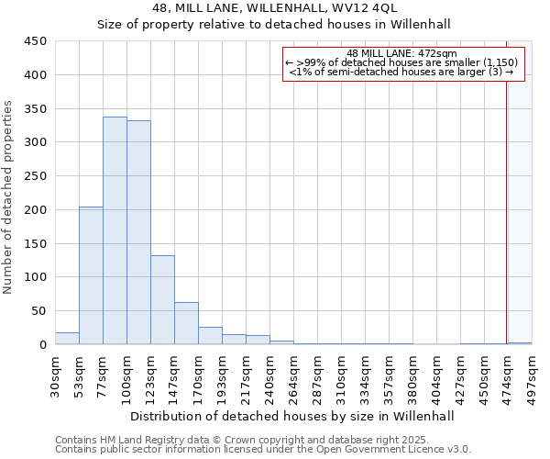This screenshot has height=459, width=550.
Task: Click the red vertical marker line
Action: click(506, 202)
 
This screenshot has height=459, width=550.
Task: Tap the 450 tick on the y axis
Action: click(35, 41)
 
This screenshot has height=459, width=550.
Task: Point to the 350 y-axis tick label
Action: click(35, 109)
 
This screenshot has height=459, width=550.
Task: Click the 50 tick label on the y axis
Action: click(38, 311)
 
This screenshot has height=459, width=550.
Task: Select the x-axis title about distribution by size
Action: click(291, 416)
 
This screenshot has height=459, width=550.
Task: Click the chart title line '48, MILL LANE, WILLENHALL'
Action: click(274, 8)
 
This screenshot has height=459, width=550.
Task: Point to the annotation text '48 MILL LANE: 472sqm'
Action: click(403, 53)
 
